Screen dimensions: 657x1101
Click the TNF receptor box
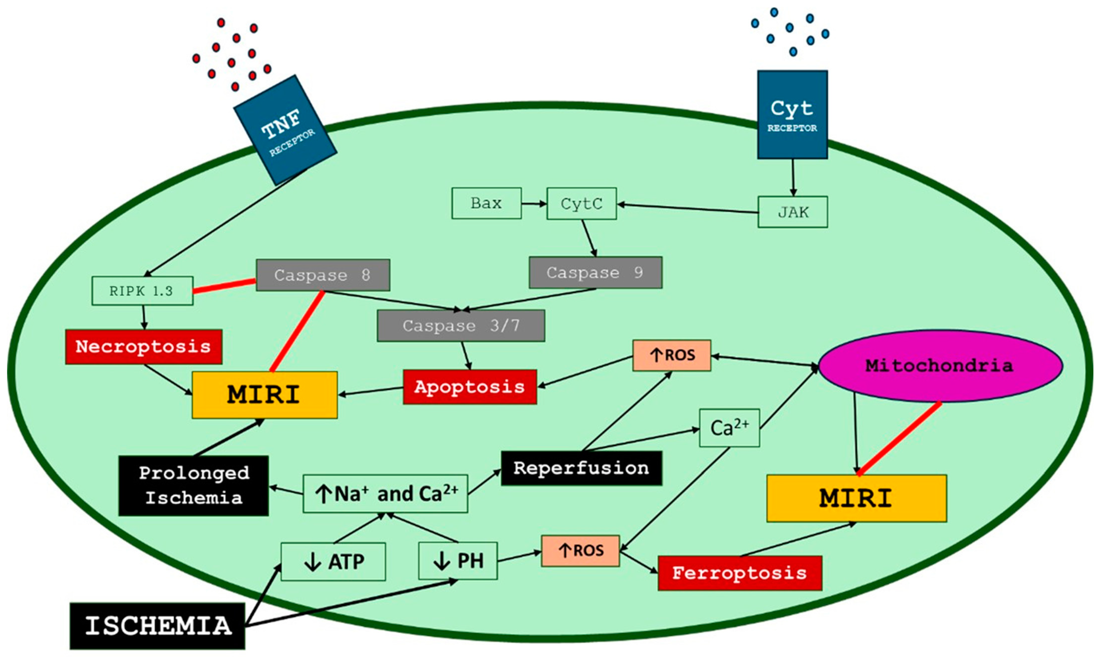pos(285,130)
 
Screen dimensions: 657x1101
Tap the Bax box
pos(486,203)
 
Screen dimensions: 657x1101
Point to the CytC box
pos(581,204)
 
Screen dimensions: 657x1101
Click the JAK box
pos(793,212)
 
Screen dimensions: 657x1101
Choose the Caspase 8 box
pos(323,275)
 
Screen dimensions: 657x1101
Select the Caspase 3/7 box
pos(460,326)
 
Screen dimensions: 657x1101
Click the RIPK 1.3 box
pos(142,291)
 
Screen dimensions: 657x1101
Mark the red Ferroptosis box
pos(739,573)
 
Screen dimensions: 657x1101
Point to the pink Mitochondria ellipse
pos(940,366)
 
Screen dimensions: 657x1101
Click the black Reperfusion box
pos(581,468)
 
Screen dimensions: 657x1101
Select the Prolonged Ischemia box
pos(193,485)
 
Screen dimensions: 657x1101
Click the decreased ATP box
pos(333,561)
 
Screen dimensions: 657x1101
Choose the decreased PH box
pos(458,561)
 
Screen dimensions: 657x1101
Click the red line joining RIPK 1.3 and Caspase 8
pos(224,286)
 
